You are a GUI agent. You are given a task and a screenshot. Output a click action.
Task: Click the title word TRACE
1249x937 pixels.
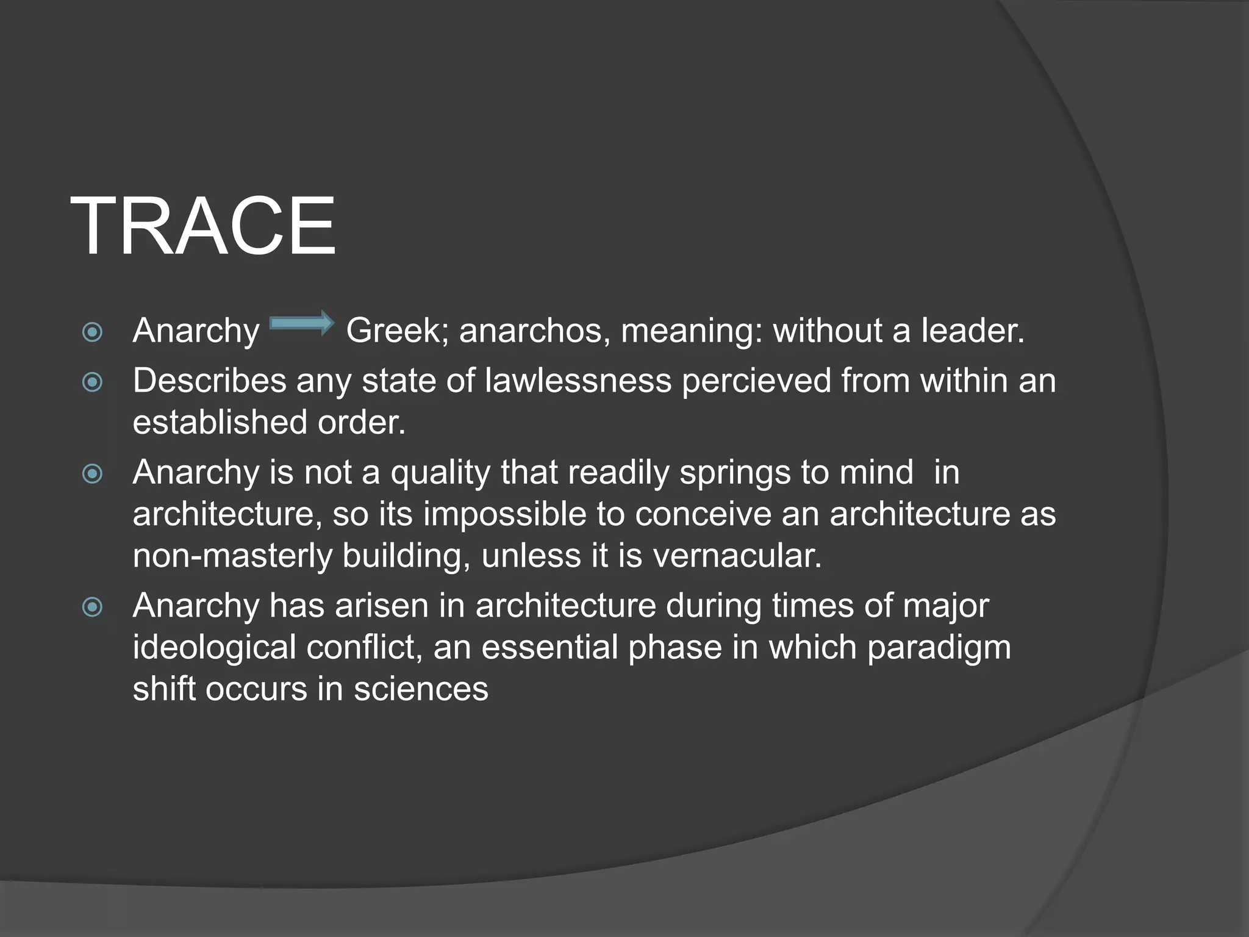203,226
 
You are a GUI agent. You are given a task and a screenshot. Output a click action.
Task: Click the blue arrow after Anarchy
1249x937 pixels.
302,323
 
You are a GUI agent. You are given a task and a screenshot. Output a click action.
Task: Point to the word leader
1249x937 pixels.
972,331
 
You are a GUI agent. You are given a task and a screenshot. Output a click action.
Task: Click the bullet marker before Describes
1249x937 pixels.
93,382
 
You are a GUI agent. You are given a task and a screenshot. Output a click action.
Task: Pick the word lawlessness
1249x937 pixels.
578,381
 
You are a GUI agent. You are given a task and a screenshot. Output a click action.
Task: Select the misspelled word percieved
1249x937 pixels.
756,381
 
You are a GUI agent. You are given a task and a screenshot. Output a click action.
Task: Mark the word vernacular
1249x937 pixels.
737,556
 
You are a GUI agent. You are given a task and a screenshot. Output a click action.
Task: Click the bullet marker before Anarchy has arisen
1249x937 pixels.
93,607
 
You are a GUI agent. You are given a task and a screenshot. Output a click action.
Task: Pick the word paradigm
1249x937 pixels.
939,648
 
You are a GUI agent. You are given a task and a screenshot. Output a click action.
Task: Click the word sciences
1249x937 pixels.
421,689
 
